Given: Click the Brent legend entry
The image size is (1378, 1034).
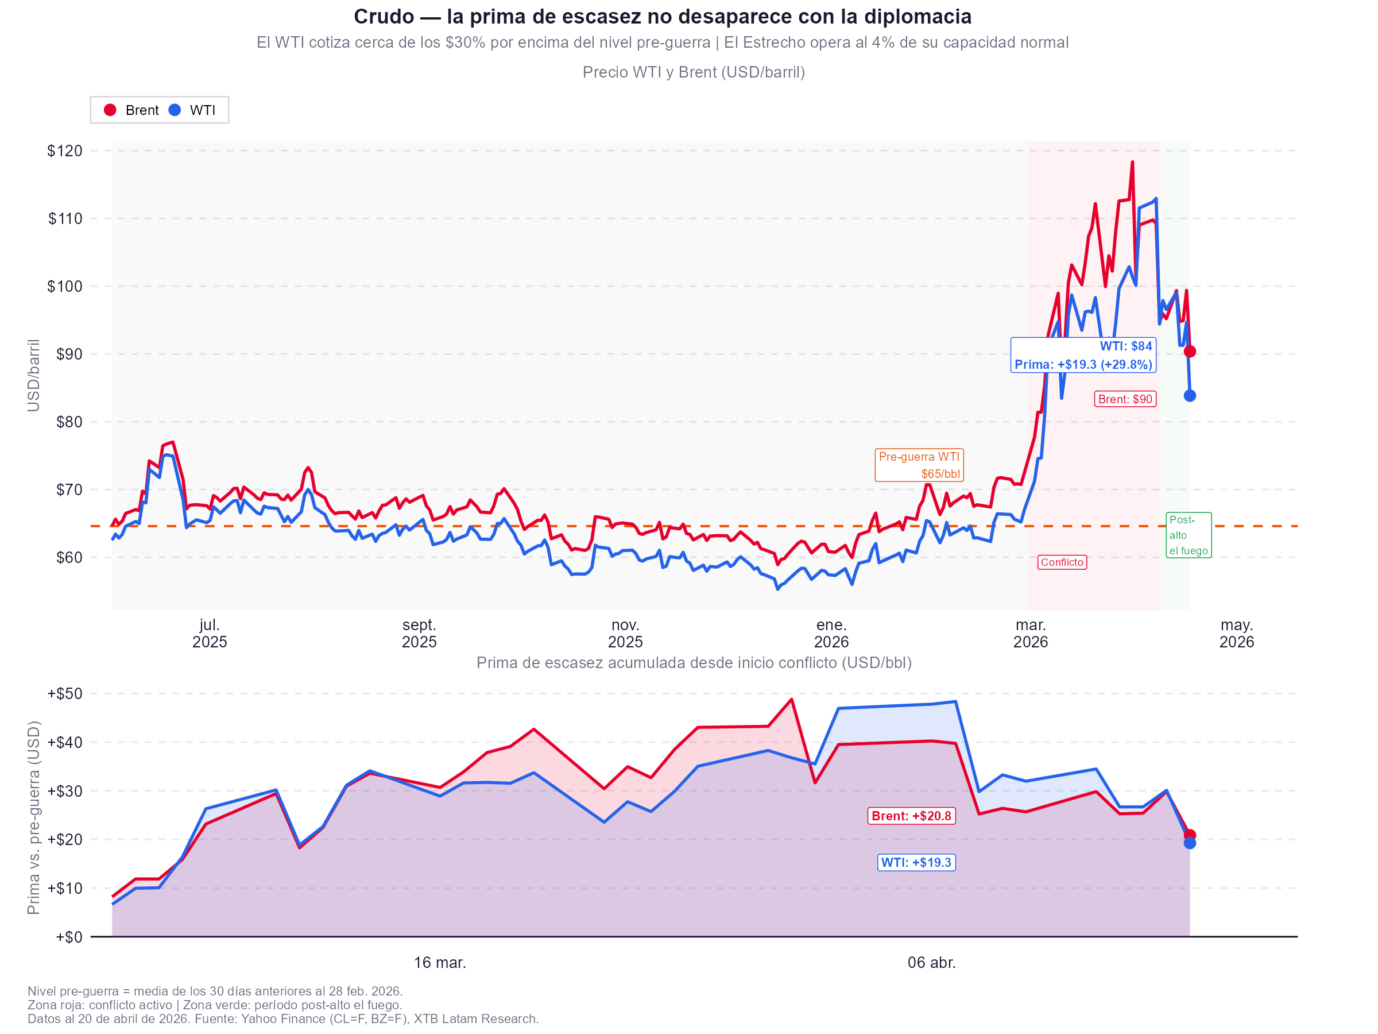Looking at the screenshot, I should [x=131, y=110].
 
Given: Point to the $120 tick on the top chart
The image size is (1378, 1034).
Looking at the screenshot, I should [x=65, y=151].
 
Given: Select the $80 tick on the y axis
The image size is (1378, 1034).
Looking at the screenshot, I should [x=68, y=422].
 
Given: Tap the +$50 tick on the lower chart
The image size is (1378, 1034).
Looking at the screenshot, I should [x=65, y=694].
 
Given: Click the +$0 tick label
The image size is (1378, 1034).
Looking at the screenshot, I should [x=68, y=937].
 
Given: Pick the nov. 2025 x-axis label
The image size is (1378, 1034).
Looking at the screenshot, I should [x=625, y=633].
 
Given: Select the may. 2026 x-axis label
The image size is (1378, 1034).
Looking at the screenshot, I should [x=1236, y=633].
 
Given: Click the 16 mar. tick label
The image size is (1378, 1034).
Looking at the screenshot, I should [x=440, y=962].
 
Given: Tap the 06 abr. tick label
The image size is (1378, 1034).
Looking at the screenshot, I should [x=931, y=962].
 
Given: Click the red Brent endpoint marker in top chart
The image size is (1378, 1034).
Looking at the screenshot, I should [x=1189, y=352].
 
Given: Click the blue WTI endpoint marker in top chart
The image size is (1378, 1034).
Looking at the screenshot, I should [x=1189, y=396].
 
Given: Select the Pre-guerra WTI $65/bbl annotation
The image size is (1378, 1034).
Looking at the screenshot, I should [x=919, y=465].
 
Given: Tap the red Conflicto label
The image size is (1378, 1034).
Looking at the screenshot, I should [x=1062, y=562].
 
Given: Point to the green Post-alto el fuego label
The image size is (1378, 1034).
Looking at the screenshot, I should [x=1188, y=535].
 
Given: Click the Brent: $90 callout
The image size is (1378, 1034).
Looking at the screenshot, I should [x=1124, y=399].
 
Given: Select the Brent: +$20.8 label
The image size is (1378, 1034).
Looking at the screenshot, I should [x=911, y=816].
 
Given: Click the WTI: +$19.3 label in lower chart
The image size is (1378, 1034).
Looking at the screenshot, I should [x=916, y=863].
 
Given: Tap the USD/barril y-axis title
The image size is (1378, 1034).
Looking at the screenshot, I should [x=34, y=375].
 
